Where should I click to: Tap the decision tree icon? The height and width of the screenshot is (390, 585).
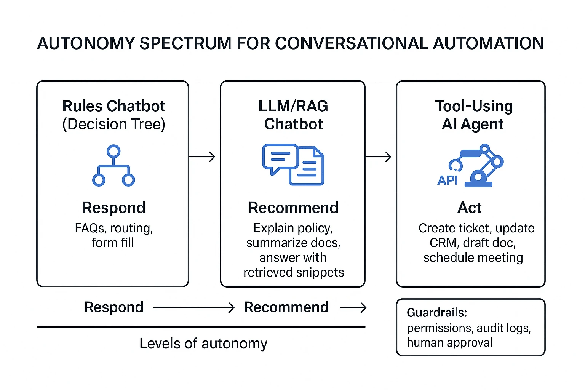pyautogui.click(x=113, y=166)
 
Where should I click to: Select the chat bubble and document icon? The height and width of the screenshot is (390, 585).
pyautogui.click(x=293, y=165)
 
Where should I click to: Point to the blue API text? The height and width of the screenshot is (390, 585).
pyautogui.click(x=447, y=180)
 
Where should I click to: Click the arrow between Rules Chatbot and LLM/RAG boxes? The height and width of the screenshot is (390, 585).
pyautogui.click(x=202, y=157)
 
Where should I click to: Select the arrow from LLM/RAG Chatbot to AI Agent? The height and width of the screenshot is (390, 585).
pyautogui.click(x=378, y=157)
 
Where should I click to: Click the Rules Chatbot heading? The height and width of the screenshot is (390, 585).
pyautogui.click(x=113, y=106)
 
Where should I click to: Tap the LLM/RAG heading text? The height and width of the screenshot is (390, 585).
pyautogui.click(x=293, y=106)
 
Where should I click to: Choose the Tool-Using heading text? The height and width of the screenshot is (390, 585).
pyautogui.click(x=474, y=106)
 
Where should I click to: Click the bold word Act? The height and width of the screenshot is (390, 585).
pyautogui.click(x=469, y=208)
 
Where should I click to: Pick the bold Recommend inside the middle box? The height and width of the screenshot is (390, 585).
pyautogui.click(x=293, y=208)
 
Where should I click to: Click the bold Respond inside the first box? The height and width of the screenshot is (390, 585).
pyautogui.click(x=113, y=208)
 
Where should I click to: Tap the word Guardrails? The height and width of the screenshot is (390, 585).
pyautogui.click(x=436, y=313)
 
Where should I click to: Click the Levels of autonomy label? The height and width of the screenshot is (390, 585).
pyautogui.click(x=203, y=344)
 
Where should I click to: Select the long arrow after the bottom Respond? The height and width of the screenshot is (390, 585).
pyautogui.click(x=193, y=308)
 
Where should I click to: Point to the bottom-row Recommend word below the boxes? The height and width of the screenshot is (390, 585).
pyautogui.click(x=286, y=307)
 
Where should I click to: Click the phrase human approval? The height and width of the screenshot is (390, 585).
pyautogui.click(x=449, y=342)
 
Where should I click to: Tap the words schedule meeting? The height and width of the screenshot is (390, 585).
pyautogui.click(x=473, y=258)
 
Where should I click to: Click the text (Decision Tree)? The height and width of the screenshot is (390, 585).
pyautogui.click(x=113, y=125)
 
